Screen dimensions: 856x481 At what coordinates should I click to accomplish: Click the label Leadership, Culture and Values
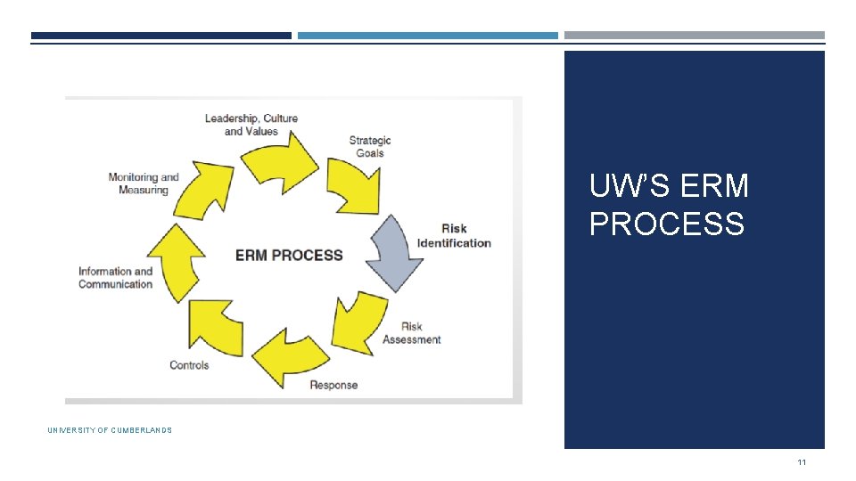pyautogui.click(x=251, y=125)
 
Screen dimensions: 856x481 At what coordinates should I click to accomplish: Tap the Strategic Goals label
pyautogui.click(x=369, y=146)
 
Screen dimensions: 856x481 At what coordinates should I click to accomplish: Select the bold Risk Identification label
pyautogui.click(x=454, y=236)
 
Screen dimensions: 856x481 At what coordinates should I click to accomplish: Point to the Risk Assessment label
pyautogui.click(x=411, y=333)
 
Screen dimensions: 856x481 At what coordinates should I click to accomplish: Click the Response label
pyautogui.click(x=333, y=385)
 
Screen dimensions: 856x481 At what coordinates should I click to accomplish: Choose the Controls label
pyautogui.click(x=189, y=365)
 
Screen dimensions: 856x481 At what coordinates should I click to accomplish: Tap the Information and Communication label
pyautogui.click(x=115, y=278)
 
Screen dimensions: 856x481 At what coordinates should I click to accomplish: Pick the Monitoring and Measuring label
pyautogui.click(x=144, y=183)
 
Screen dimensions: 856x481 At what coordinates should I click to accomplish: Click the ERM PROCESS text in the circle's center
pyautogui.click(x=289, y=256)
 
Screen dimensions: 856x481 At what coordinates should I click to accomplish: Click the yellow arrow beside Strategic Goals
pyautogui.click(x=351, y=185)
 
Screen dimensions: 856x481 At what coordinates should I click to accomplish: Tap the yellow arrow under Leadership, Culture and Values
pyautogui.click(x=280, y=159)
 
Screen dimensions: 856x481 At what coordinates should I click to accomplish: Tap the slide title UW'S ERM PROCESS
pyautogui.click(x=669, y=205)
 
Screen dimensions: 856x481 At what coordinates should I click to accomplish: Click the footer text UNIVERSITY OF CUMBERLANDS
pyautogui.click(x=110, y=430)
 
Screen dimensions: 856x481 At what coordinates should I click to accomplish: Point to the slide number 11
pyautogui.click(x=802, y=461)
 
